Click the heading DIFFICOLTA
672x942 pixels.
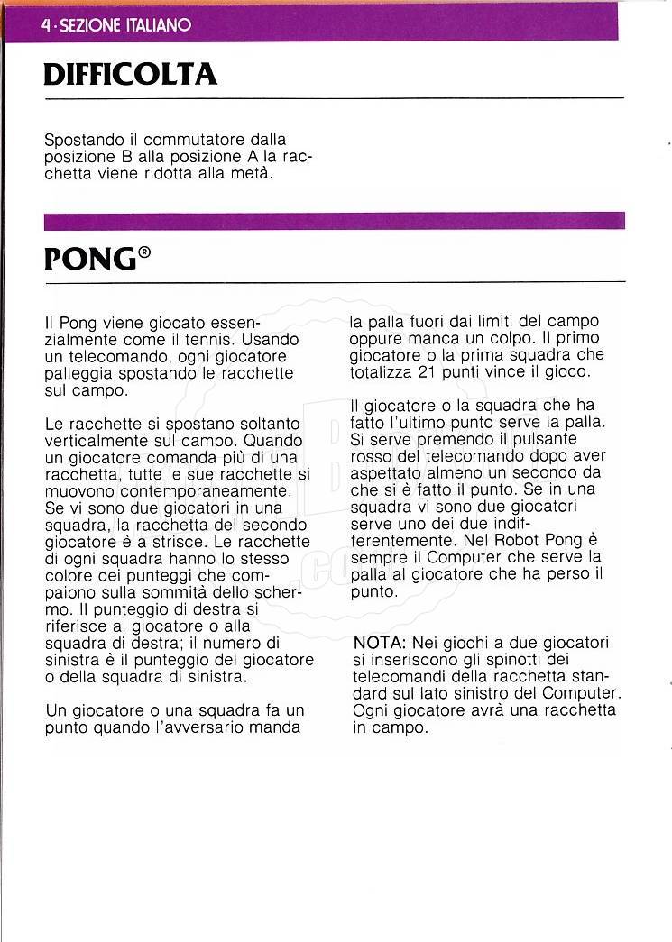(x=130, y=73)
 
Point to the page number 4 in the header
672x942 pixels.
(x=46, y=25)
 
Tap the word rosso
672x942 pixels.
(x=372, y=456)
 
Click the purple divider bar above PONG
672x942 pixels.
(x=334, y=221)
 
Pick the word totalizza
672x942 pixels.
(x=380, y=371)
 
